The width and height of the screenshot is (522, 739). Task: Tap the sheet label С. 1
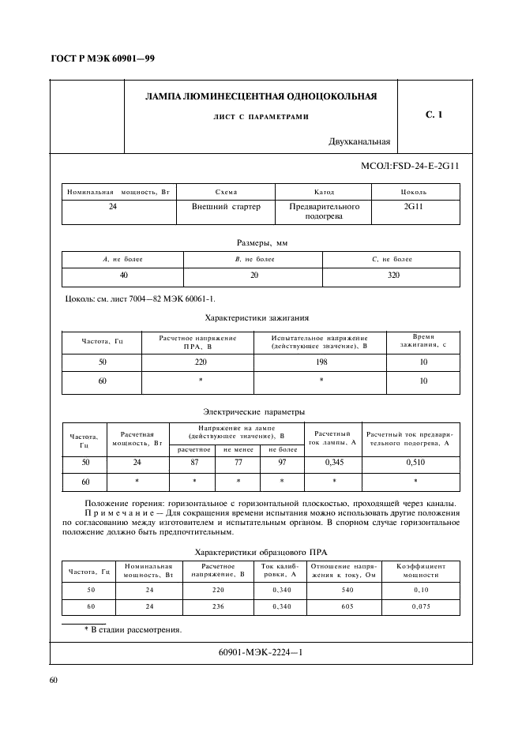coord(434,115)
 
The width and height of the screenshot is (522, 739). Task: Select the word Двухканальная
coord(359,142)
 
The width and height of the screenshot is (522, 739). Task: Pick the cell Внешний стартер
coord(215,206)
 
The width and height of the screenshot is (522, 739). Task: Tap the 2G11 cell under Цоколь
coord(414,206)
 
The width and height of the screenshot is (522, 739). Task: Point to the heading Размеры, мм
coord(261,242)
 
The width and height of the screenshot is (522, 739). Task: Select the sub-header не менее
coord(238,448)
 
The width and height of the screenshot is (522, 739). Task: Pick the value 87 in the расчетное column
coord(193,462)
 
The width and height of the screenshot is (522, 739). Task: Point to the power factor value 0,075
coord(421,606)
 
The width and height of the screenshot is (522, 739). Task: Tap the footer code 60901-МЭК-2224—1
coord(261,652)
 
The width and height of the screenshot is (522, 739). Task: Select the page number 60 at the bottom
coord(54,680)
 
